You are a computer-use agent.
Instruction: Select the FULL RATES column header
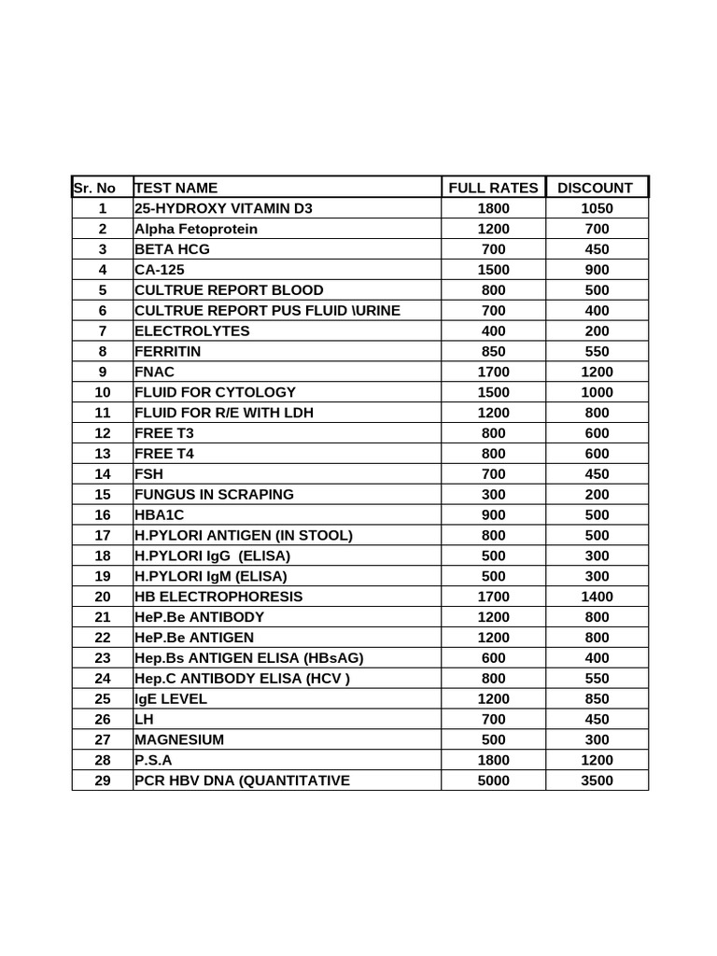coord(493,188)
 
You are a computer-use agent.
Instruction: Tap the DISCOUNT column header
coord(595,188)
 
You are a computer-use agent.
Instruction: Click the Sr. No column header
coord(94,188)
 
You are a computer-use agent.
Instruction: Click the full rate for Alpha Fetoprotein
coord(493,229)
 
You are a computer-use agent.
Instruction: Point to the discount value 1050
coord(595,208)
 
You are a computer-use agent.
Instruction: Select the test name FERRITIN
coord(168,351)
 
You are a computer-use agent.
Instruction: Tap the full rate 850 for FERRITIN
coord(493,351)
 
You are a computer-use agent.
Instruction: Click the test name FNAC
coord(155,372)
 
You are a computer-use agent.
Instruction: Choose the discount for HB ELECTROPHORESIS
coord(595,597)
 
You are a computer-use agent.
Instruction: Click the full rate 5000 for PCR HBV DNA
coord(493,780)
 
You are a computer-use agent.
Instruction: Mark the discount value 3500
coord(595,780)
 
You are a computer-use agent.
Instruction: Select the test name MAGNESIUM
coord(180,739)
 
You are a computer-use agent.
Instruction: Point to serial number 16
coord(102,514)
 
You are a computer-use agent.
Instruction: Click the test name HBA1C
coord(161,514)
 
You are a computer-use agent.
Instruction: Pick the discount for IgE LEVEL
coord(595,698)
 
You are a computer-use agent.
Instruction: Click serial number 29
coord(102,780)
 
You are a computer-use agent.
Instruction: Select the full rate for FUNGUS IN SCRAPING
coord(493,494)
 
